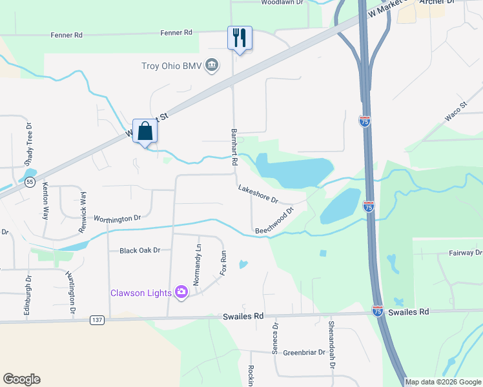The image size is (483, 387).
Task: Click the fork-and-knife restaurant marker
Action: coord(240,37)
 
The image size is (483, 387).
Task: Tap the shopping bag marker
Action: coord(145,130)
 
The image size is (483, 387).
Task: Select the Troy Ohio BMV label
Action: coord(172,66)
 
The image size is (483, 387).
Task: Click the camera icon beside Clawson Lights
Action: coord(181,293)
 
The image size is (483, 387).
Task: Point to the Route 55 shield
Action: coord(30,183)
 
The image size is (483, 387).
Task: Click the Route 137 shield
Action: coord(97,320)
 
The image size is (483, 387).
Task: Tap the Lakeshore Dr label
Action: coord(258,191)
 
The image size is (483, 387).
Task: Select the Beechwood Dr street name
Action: coord(274,221)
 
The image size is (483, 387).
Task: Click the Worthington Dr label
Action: coord(117,219)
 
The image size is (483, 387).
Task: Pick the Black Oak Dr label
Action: coord(139,250)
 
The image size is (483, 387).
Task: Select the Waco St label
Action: coord(455,112)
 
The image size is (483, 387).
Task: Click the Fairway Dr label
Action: coord(465,253)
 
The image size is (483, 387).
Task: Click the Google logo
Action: coord(21,379)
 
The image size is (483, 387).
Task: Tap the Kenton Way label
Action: coord(45,201)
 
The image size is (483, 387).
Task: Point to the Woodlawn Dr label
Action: coord(282,3)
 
